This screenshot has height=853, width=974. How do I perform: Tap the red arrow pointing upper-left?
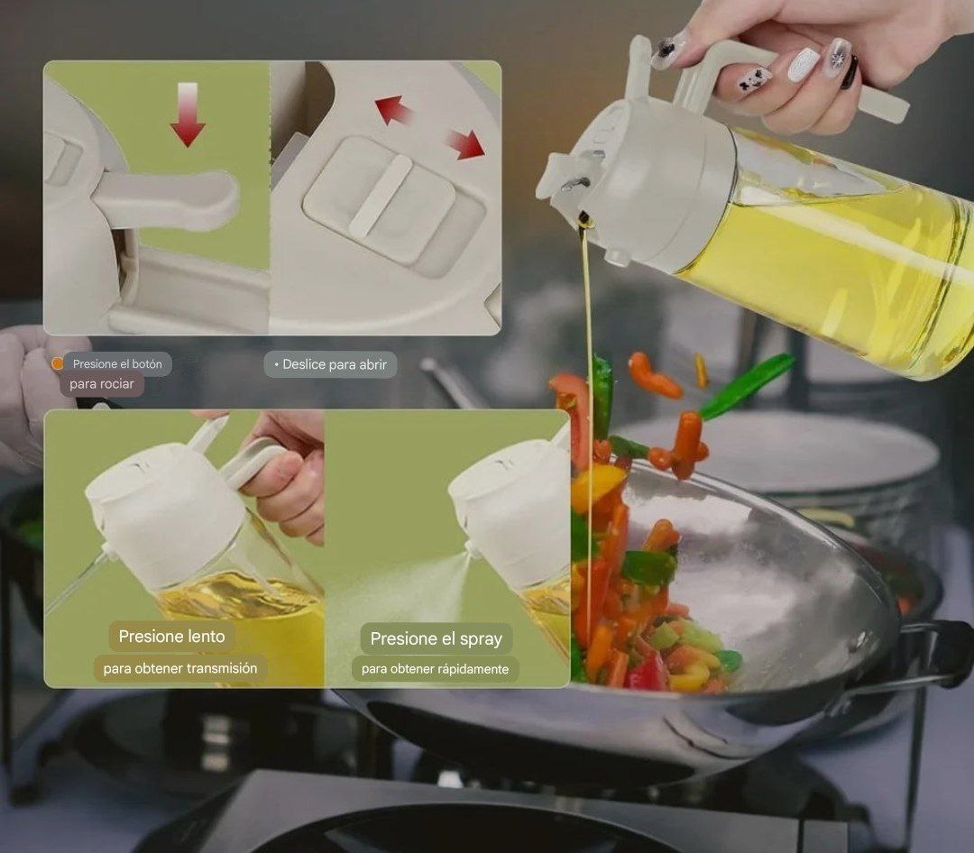(x=392, y=109)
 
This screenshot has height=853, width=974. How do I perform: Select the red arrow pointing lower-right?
(x=467, y=144)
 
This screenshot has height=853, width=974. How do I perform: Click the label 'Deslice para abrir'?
(x=331, y=364)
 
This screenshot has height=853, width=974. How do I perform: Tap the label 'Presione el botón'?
(x=117, y=364)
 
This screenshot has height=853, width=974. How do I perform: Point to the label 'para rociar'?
(x=102, y=384)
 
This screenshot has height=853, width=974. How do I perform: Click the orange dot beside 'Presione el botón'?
(x=57, y=364)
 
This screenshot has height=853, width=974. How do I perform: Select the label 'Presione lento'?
(x=172, y=637)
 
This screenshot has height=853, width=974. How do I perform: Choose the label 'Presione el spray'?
(x=436, y=638)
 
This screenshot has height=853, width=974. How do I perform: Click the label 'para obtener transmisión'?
(x=180, y=668)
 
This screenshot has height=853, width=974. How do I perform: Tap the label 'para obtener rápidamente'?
(x=435, y=669)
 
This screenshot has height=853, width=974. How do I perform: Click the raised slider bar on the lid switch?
(x=381, y=197)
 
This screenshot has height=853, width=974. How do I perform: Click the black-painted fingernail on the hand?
(x=850, y=72)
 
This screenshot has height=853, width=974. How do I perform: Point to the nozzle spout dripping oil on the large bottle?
(x=574, y=187)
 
